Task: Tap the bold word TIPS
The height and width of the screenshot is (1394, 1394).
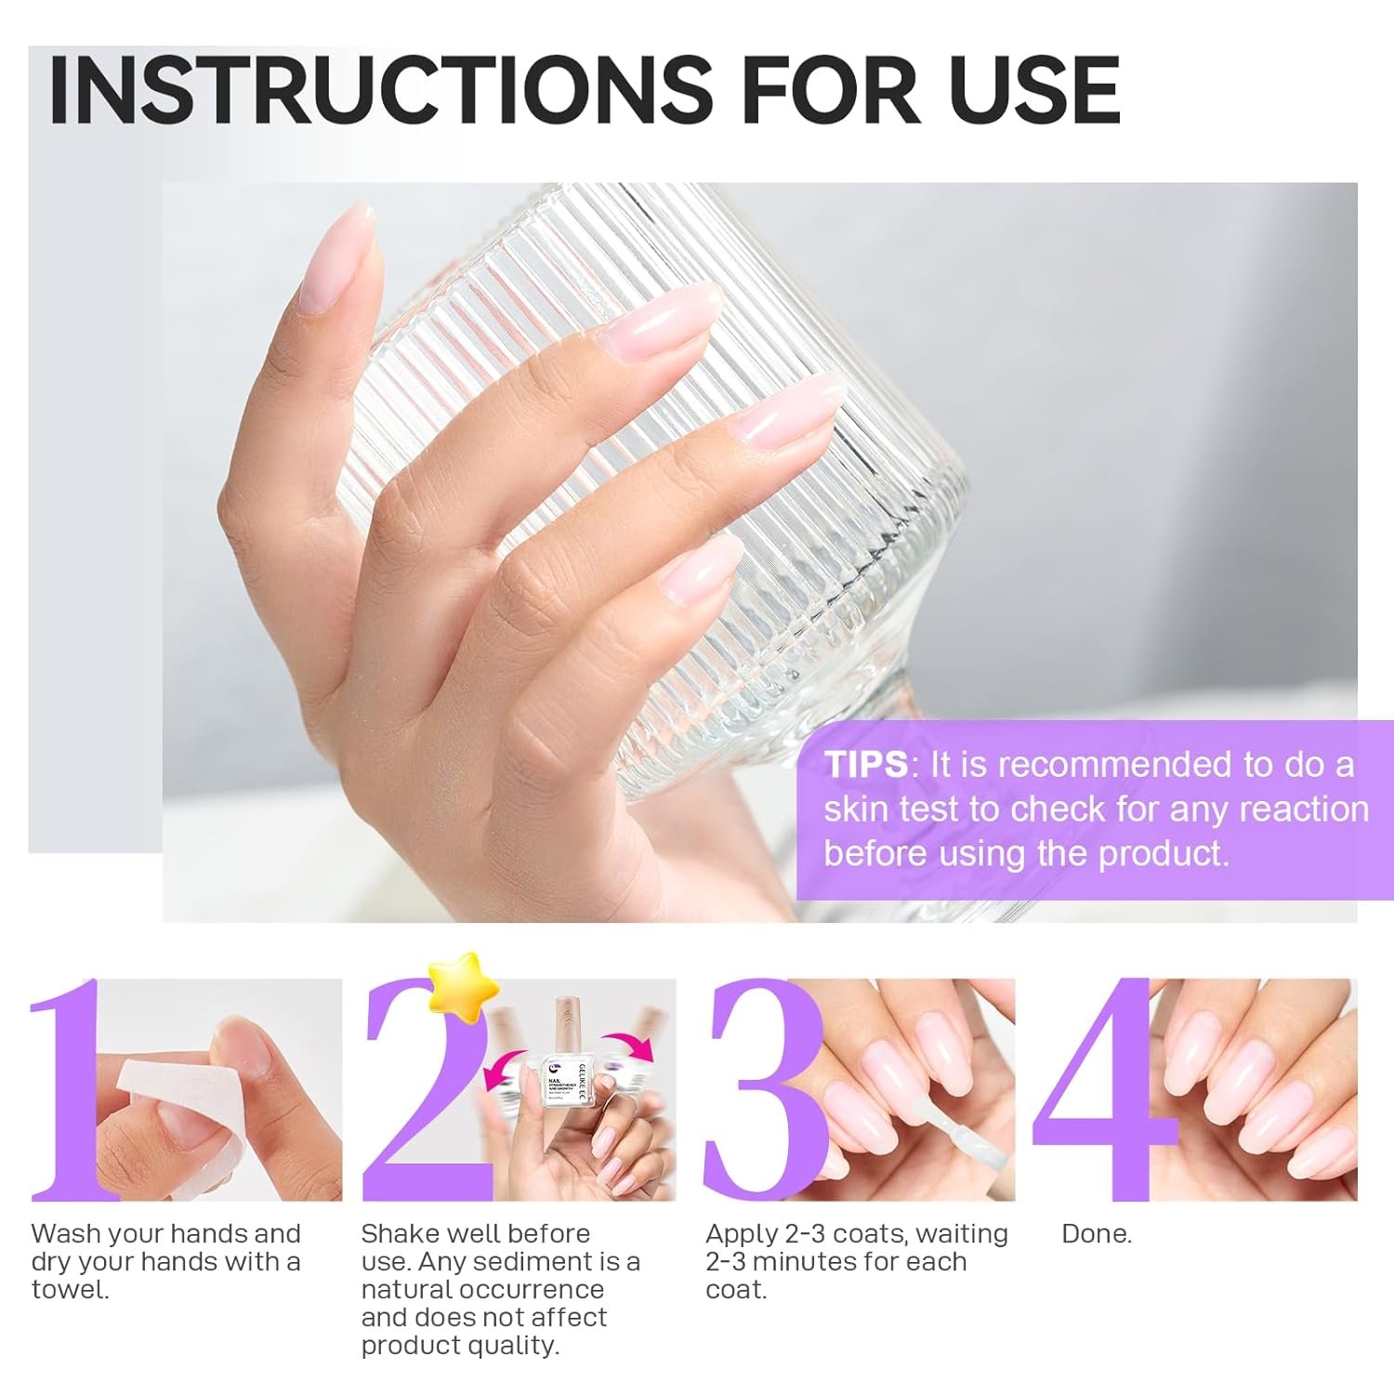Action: [x=865, y=765]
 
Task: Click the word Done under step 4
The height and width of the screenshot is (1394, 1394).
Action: [x=1097, y=1234]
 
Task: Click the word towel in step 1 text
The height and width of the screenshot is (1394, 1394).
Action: [x=70, y=1290]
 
